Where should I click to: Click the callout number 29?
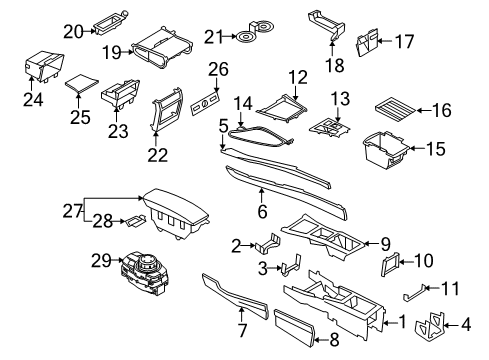[101, 260]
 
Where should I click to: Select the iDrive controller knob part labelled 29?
[146, 272]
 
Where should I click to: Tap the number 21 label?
[213, 37]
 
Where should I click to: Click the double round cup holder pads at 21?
[255, 31]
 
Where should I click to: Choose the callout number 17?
[405, 41]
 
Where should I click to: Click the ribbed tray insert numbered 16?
[395, 111]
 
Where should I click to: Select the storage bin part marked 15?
[385, 148]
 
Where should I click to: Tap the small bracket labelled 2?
[268, 243]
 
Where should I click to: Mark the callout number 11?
[450, 289]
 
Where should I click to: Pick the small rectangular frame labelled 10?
[390, 264]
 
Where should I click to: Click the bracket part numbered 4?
[430, 324]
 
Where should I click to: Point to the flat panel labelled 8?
[294, 327]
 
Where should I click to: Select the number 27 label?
[73, 211]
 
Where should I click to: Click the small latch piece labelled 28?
[135, 221]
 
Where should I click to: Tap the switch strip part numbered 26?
[205, 105]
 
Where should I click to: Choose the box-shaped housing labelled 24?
[45, 66]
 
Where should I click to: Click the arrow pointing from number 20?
[89, 31]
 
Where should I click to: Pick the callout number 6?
[262, 211]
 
